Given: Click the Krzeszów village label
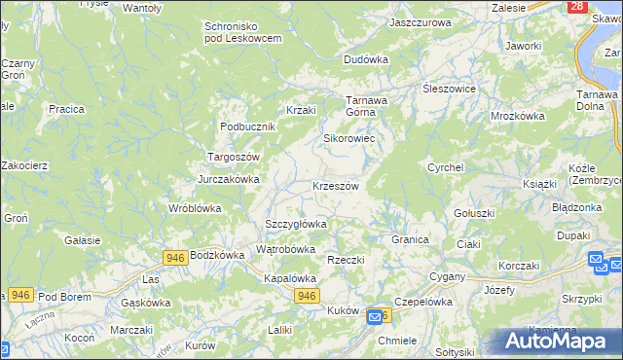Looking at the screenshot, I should point(336,186).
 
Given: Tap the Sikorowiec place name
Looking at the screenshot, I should point(349,138).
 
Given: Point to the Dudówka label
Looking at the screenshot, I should point(366,59).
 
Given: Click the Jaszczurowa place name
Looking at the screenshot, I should point(421,21).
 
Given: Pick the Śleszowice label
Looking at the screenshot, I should point(448,88).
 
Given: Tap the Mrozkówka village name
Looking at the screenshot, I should point(517,115).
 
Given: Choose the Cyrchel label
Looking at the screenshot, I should point(445,167).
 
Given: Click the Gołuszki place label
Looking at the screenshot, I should point(475,213).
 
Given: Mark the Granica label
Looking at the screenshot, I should point(411,238).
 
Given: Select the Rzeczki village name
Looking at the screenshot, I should point(346,260).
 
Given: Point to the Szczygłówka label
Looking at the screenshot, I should point(296,224).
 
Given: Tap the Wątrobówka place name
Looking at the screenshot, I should point(285,249).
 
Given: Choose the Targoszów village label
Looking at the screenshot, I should point(233,157).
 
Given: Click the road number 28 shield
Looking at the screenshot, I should point(577,7).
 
